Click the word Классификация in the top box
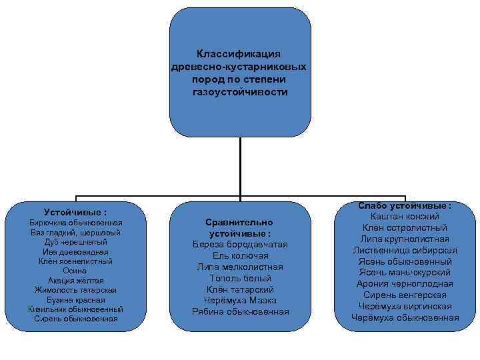[239, 53]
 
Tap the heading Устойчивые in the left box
[75, 211]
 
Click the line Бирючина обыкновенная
[75, 222]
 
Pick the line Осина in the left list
[75, 271]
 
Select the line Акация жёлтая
[75, 280]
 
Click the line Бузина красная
[75, 299]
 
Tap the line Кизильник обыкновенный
[75, 309]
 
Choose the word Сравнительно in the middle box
[239, 222]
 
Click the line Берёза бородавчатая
[239, 245]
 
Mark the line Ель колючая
[239, 256]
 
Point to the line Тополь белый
[239, 279]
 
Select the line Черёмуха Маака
[239, 301]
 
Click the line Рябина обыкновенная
[239, 312]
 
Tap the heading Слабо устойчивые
[405, 206]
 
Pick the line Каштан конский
[405, 217]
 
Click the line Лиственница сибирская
[405, 250]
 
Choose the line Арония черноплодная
[405, 283]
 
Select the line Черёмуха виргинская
[405, 306]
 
